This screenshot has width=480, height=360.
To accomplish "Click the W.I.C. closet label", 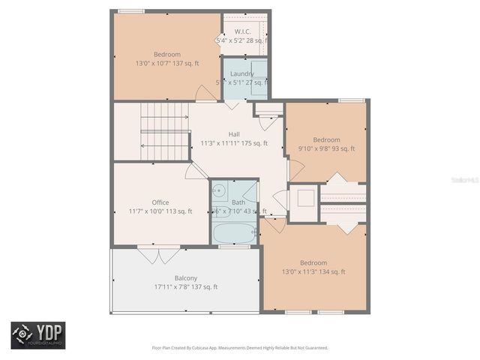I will pyautogui.click(x=241, y=31).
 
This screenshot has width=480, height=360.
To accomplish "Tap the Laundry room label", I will pyautogui.click(x=241, y=73).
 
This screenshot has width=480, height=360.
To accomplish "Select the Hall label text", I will pyautogui.click(x=234, y=133).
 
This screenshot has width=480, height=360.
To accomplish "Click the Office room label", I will pyautogui.click(x=160, y=202).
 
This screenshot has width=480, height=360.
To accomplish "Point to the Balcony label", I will pyautogui.click(x=185, y=277).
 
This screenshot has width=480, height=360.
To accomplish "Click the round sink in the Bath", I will pyautogui.click(x=219, y=190).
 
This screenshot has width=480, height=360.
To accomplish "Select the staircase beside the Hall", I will pyautogui.click(x=164, y=131).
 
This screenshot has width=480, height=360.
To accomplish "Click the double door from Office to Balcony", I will pyautogui.click(x=159, y=255).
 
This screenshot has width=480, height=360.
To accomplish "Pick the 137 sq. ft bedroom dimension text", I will pyautogui.click(x=166, y=64).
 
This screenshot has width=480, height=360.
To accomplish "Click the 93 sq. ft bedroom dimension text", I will pyautogui.click(x=326, y=148).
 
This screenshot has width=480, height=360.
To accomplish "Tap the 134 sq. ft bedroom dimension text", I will pyautogui.click(x=313, y=271).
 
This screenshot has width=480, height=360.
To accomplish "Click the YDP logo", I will pyautogui.click(x=37, y=334).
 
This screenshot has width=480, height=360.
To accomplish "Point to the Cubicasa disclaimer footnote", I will pyautogui.click(x=240, y=348).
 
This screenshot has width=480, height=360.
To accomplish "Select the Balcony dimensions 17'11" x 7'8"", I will pyautogui.click(x=185, y=286).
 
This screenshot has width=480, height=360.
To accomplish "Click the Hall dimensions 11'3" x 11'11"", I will pyautogui.click(x=234, y=142).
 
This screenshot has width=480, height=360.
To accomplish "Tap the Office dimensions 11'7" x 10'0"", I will pyautogui.click(x=160, y=211).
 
